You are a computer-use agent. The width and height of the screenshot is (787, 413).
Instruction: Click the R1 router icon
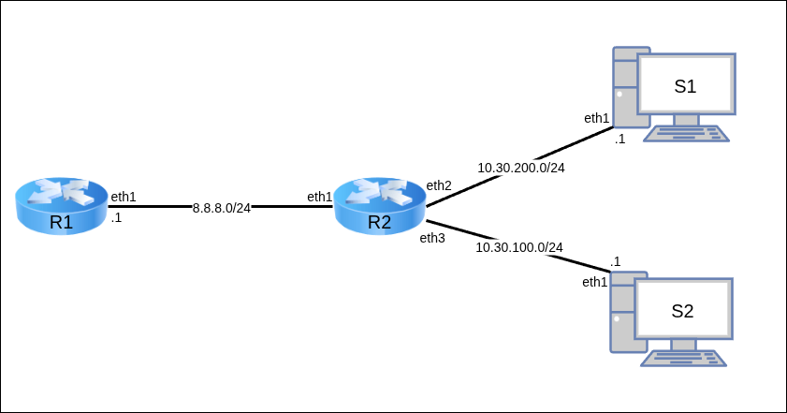tap(62, 205)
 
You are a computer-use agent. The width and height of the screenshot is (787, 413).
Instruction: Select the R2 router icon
tap(379, 205)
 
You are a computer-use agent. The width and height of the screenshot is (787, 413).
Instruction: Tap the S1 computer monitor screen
tap(686, 86)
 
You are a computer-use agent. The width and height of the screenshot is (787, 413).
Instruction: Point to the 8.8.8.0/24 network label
tap(222, 207)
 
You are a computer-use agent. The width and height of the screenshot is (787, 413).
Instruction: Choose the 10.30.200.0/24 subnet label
tap(521, 168)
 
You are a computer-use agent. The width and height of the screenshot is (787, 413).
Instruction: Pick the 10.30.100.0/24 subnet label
tap(519, 247)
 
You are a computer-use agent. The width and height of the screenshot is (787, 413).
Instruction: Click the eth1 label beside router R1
tap(124, 197)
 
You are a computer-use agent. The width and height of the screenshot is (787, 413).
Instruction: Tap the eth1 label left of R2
tap(320, 197)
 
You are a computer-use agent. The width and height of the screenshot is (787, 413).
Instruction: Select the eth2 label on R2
tap(439, 185)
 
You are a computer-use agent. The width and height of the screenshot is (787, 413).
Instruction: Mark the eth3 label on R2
tap(432, 238)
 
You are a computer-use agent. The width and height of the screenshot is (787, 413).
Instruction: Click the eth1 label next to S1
tap(597, 118)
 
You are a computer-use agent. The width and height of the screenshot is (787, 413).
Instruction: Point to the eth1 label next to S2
tap(595, 282)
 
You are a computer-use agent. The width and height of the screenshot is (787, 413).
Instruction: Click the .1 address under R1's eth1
tap(116, 217)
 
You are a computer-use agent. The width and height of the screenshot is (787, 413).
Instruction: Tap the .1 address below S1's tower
tap(619, 139)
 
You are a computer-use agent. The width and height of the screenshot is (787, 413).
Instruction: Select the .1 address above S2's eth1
tap(615, 261)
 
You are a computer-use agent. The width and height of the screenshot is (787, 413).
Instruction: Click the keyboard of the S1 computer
tap(686, 133)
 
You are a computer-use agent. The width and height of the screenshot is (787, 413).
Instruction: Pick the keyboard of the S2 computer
tap(683, 358)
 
